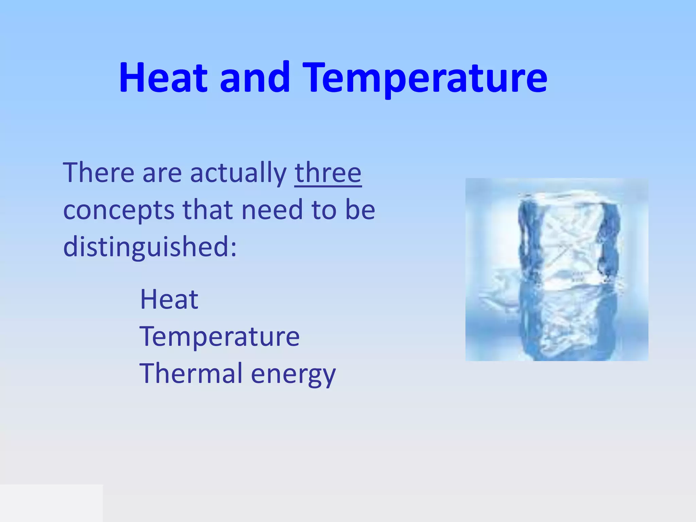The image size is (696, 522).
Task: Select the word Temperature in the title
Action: coord(425,79)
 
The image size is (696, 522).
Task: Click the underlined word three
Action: coord(328,173)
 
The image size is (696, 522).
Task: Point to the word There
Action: coord(99,173)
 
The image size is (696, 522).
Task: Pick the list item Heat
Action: coord(169,300)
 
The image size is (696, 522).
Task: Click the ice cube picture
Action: coord(557,269)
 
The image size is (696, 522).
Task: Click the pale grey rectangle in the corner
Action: coord(51,503)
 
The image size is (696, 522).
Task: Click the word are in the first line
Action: coord(162,175)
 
